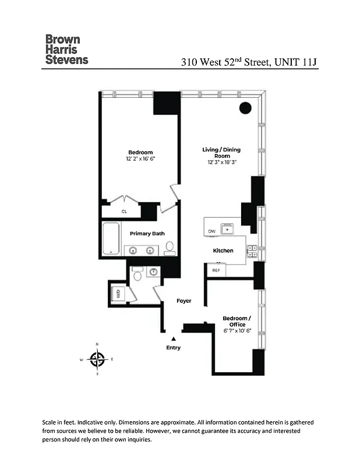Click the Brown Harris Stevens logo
tap(66, 50)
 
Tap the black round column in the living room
tap(245, 108)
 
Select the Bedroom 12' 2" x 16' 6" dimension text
tap(140, 158)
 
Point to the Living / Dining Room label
tap(221, 153)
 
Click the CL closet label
tap(124, 211)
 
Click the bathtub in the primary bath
tap(111, 239)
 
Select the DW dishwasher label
tap(211, 231)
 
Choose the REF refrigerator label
tap(216, 270)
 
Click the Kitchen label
tap(223, 250)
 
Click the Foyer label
tap(184, 301)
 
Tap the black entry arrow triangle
tap(172, 338)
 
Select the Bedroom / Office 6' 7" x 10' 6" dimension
tap(237, 331)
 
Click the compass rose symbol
tap(97, 359)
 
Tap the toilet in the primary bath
tap(170, 249)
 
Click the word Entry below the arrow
tap(173, 348)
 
